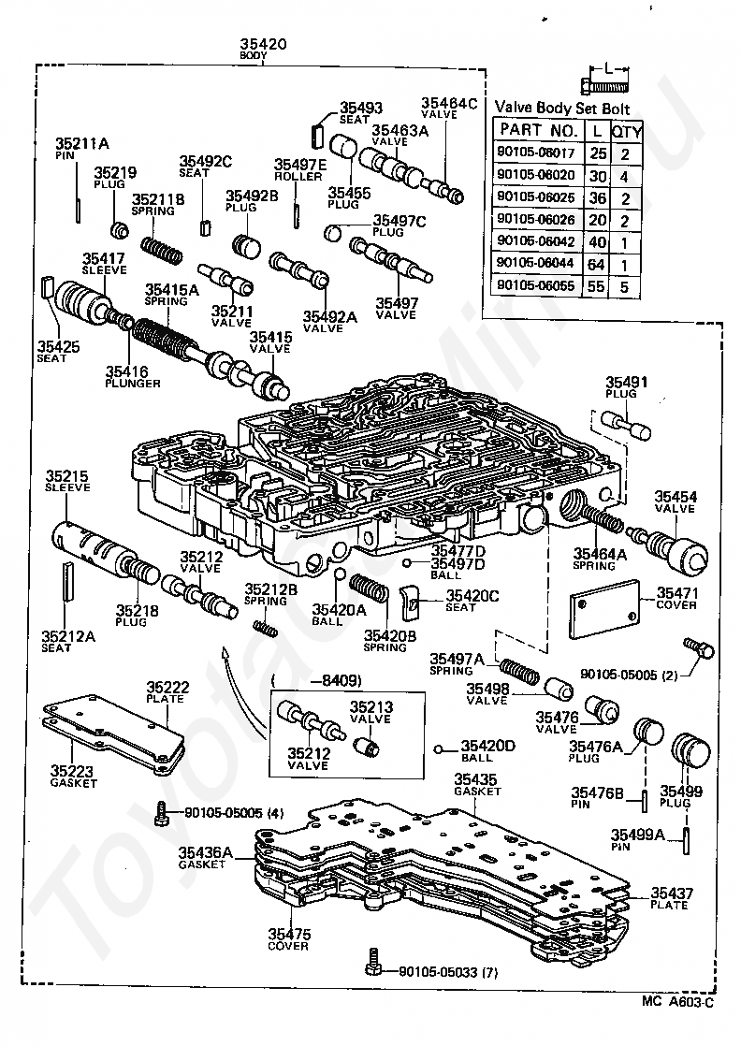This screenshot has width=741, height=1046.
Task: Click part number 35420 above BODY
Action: tap(264, 44)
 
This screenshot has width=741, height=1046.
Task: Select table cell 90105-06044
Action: tap(535, 263)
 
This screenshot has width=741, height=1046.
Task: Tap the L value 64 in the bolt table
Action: tap(596, 264)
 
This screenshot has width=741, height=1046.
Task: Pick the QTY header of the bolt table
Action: tap(626, 131)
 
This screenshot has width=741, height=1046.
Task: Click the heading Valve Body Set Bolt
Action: tap(561, 109)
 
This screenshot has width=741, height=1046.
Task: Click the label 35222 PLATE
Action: tap(167, 691)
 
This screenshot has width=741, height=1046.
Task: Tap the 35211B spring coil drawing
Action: tap(162, 250)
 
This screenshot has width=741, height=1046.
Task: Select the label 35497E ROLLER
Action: tap(300, 170)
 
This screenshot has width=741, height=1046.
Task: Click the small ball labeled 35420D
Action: tap(438, 749)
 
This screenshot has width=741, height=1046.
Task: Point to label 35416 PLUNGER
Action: tap(132, 377)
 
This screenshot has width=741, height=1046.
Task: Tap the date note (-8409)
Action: tap(317, 681)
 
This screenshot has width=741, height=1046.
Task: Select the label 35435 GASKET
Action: tap(476, 784)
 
